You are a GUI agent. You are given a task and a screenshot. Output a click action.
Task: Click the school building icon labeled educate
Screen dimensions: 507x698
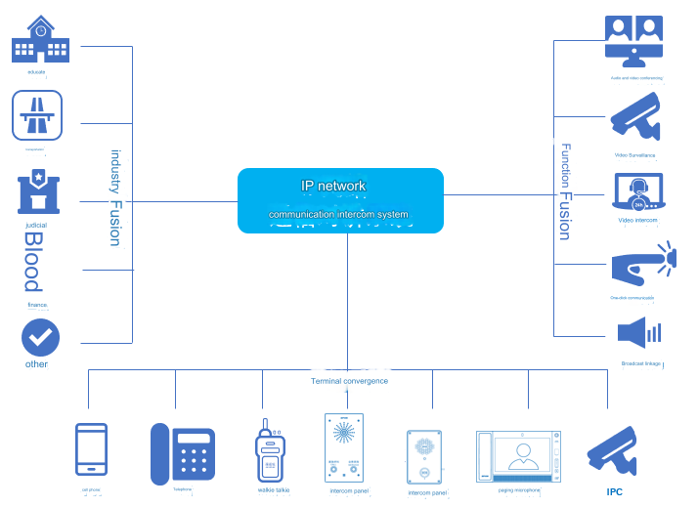coord(40,40)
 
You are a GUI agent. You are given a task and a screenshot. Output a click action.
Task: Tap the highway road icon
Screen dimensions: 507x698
coord(38,115)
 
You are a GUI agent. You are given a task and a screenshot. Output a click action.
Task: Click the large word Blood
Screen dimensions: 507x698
coord(33,262)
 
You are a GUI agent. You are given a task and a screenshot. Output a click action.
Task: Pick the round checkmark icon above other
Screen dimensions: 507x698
coord(40,338)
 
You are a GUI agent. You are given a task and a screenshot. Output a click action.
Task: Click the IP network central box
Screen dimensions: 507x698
coord(340,199)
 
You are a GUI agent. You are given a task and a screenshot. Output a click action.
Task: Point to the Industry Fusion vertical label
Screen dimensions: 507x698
coord(115,197)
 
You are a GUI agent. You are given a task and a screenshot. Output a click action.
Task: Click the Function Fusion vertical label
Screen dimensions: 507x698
coord(565,191)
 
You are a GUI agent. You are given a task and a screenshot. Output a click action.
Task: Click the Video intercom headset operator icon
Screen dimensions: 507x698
coord(637,192)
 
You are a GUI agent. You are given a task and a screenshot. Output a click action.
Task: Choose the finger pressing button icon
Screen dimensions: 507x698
coord(641,266)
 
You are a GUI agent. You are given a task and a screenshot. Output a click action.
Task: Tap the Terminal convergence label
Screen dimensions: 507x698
coord(349,381)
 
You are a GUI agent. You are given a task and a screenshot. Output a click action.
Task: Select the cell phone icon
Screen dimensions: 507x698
coord(92,452)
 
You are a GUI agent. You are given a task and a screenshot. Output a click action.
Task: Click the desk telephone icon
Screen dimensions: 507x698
coord(182,453)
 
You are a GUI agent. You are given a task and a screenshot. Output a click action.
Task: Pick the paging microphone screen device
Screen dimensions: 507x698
coord(518,456)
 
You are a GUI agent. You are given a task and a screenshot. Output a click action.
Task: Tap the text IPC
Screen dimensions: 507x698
coord(614,492)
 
